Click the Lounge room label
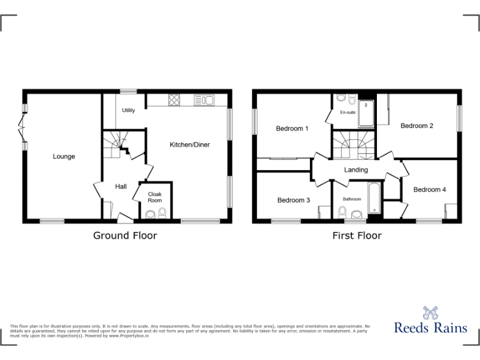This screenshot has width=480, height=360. (64, 156)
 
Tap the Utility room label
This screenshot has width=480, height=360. (129, 111)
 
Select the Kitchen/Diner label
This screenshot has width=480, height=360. (190, 144)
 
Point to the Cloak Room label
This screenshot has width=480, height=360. (154, 197)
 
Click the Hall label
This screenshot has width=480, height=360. (121, 186)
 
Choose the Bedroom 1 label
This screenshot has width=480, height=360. (292, 129)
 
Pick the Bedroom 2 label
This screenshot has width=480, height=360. (417, 126)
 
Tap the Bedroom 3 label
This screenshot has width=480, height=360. (294, 200)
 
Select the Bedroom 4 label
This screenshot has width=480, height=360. (429, 189)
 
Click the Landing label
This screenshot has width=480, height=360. (356, 169)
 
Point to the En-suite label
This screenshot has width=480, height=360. (348, 112)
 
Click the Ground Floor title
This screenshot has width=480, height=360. (125, 236)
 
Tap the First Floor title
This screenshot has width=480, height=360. (356, 236)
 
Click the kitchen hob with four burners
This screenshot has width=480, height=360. (173, 100)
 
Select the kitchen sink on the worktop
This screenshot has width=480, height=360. (204, 100)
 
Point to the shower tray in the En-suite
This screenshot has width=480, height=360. (366, 114)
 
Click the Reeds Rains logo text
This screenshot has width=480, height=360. (430, 327)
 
